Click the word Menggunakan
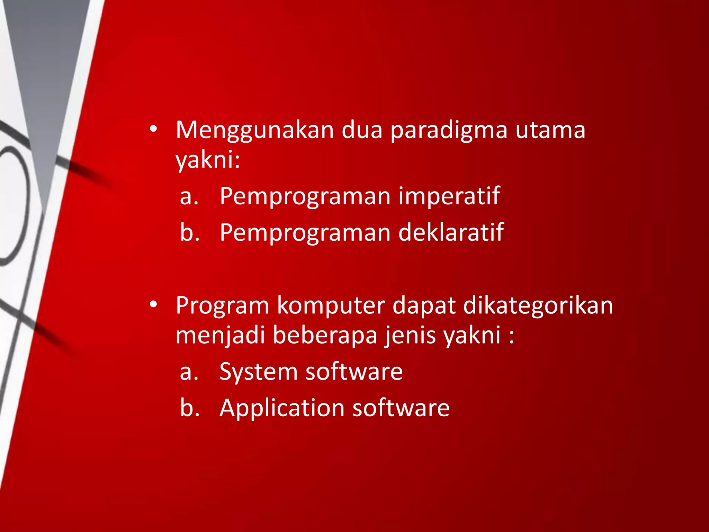point(254,131)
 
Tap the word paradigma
point(449,131)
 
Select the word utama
point(550,130)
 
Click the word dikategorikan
point(538,305)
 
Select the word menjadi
point(221,335)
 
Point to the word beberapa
point(325,335)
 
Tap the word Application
point(281,408)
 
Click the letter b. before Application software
point(190,407)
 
